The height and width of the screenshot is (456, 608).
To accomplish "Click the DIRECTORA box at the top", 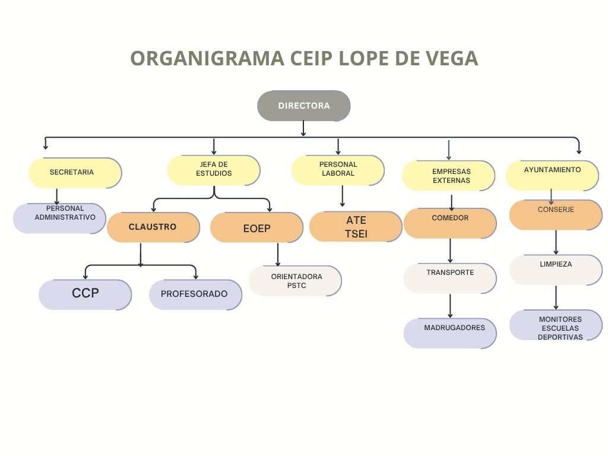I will pos(303,106).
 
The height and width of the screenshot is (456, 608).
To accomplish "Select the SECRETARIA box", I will pos(75,173).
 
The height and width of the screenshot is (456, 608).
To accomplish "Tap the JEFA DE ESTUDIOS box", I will pos(214,170).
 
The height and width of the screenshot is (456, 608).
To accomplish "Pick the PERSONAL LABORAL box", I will pos(338,170).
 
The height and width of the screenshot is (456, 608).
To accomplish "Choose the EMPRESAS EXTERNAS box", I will pos(448,176).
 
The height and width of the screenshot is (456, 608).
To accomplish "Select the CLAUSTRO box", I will pos(153,227).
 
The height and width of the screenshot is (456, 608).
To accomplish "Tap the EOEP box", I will pos(256,228).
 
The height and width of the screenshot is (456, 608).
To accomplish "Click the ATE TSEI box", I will pos(356,227).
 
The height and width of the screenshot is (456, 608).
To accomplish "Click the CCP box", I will pos(85,294).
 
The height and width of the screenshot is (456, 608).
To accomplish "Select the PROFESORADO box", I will pos(195,294).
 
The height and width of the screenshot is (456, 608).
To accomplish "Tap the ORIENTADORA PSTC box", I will pos(295,280).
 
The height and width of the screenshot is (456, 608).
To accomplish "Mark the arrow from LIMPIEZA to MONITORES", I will pos(556,297).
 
